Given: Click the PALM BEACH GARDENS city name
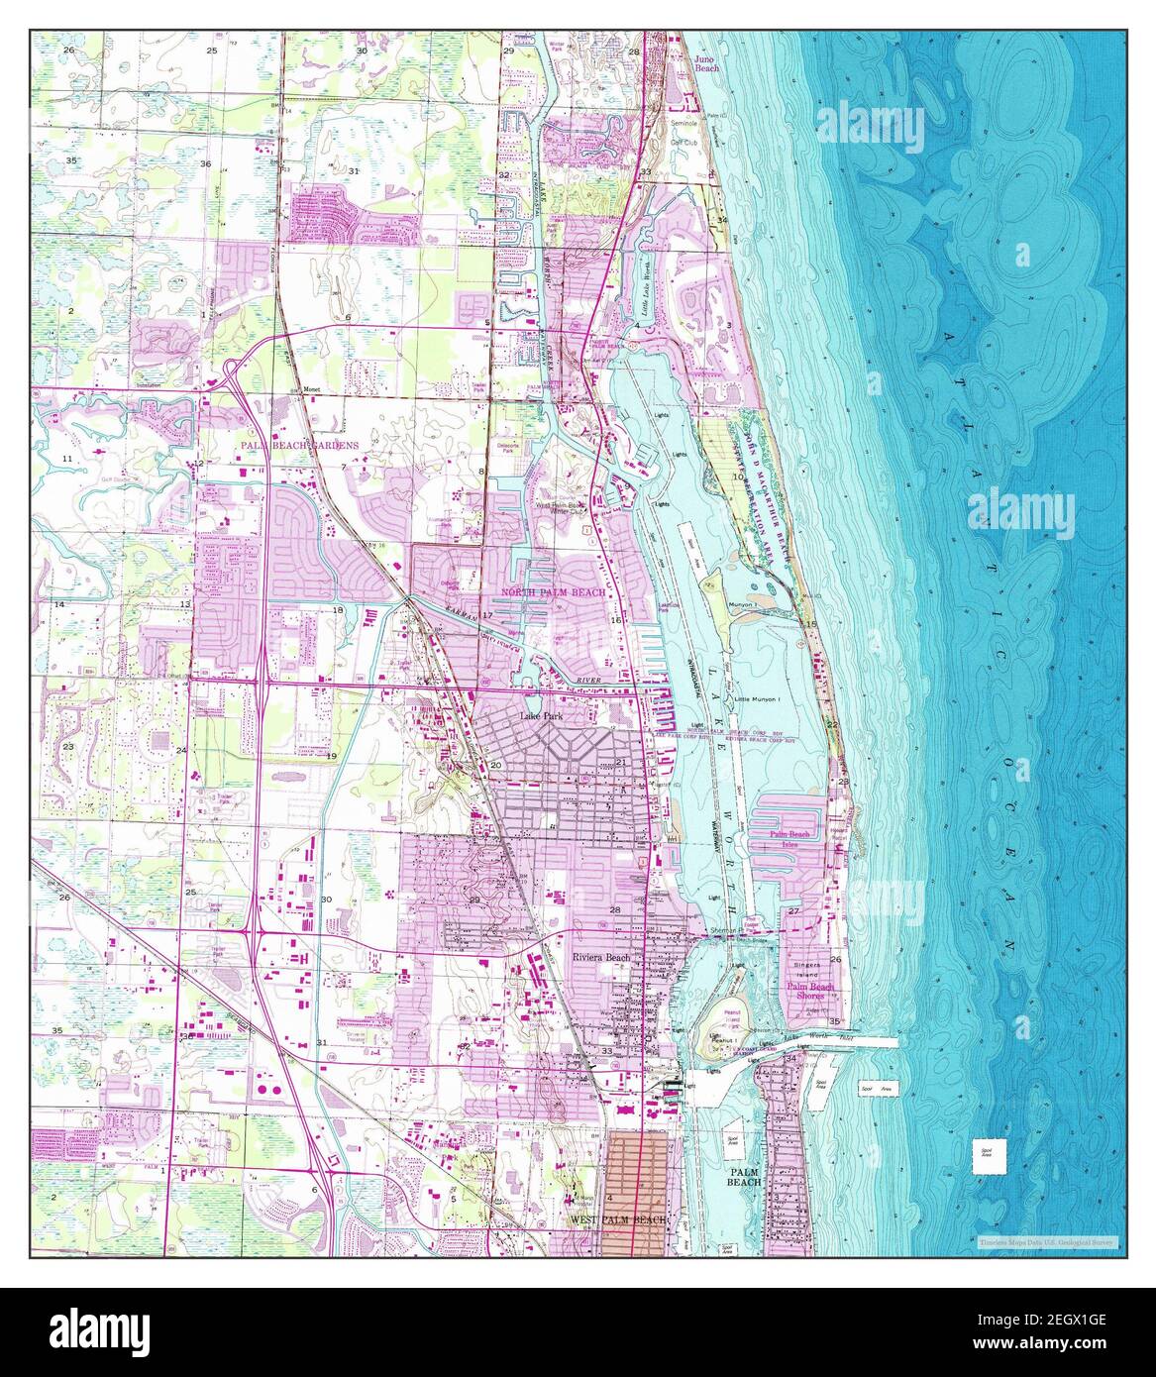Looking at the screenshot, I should tap(297, 447).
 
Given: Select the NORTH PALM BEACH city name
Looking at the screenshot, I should tap(553, 591).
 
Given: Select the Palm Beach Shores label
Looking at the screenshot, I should tap(809, 992).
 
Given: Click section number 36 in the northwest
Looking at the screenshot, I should tap(205, 163).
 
